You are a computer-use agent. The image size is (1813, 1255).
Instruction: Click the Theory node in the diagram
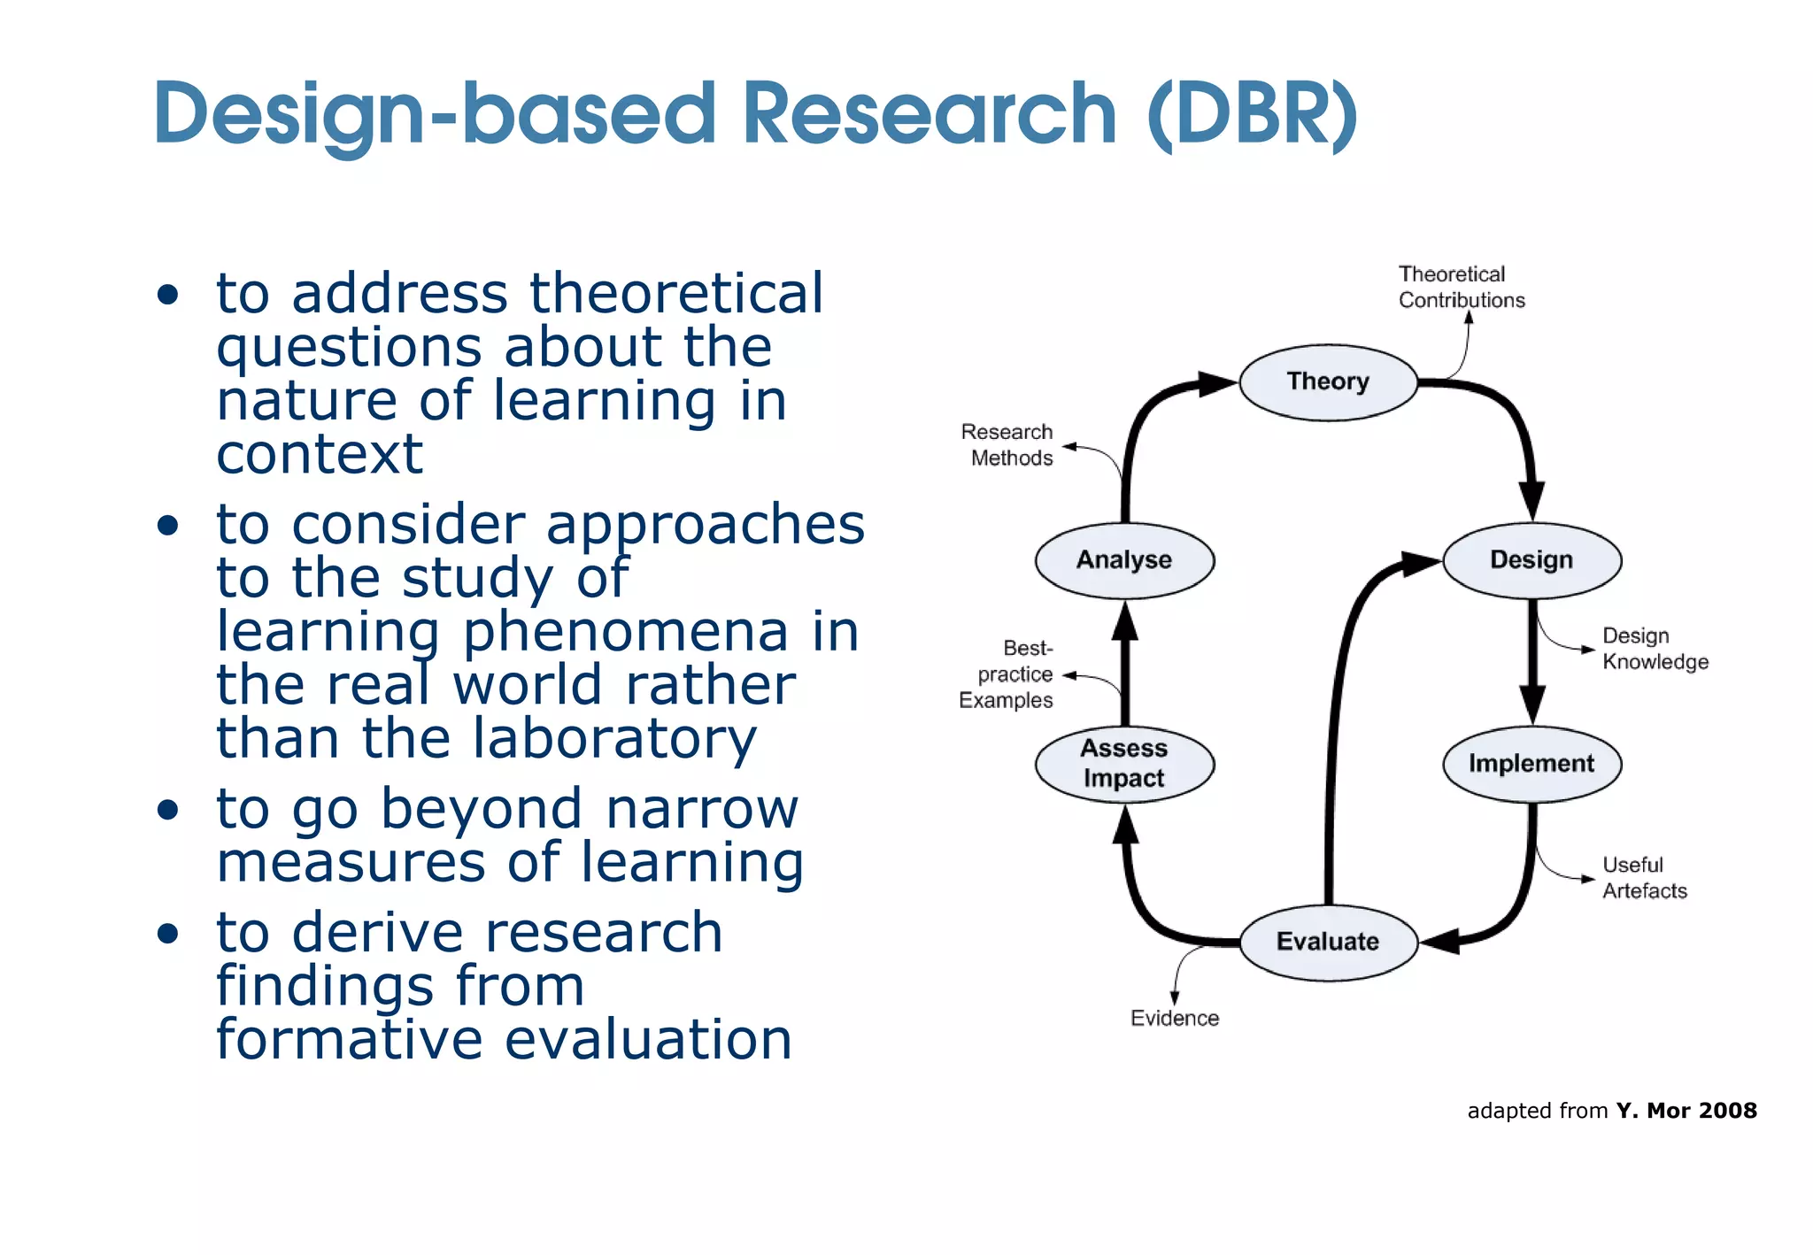1328,382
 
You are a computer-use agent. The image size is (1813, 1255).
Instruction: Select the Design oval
1531,560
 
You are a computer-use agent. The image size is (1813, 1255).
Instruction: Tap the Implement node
1531,764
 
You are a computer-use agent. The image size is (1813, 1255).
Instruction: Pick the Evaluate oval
1328,942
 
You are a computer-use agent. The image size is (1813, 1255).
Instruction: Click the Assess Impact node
1124,764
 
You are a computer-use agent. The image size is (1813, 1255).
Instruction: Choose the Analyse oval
1124,560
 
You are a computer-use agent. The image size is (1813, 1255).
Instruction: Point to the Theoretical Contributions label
1461,287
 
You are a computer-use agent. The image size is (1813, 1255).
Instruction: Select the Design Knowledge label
1654,649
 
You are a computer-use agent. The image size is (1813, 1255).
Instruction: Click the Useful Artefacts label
1645,878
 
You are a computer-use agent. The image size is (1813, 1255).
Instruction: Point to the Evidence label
1175,1019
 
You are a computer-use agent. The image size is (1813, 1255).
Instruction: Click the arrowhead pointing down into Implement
1532,704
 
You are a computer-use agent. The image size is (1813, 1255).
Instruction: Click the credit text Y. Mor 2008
1686,1111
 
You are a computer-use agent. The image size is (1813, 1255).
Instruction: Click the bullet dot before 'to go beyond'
167,810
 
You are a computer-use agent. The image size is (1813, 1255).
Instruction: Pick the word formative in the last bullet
349,1039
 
